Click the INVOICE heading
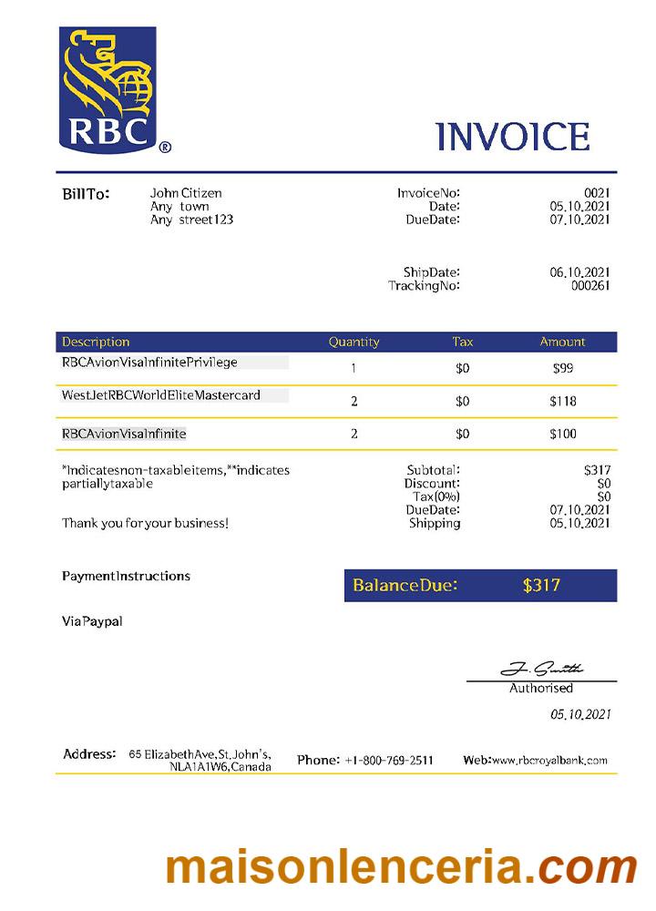click(x=513, y=137)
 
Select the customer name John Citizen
click(x=186, y=193)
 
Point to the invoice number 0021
click(x=597, y=193)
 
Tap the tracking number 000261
click(x=590, y=285)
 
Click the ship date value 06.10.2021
click(x=579, y=272)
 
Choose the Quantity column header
click(x=354, y=342)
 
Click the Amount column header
click(x=562, y=342)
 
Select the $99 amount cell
click(x=562, y=369)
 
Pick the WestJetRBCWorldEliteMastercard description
click(x=161, y=395)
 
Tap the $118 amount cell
click(x=562, y=401)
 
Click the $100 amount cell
click(x=562, y=434)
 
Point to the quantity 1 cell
click(x=354, y=369)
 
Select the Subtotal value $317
click(x=597, y=470)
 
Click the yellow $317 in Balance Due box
click(x=541, y=585)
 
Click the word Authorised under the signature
click(x=541, y=688)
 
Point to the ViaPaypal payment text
click(x=92, y=621)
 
